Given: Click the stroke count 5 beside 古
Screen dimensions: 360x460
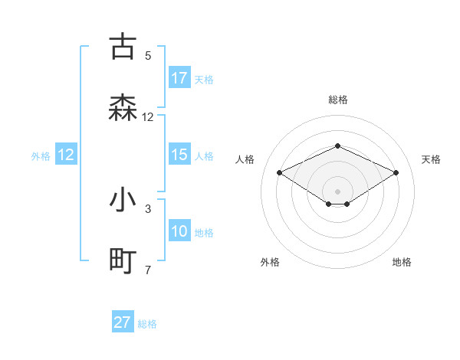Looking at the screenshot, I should coord(148,55).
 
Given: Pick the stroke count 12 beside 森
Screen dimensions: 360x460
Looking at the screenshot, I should coord(148,117).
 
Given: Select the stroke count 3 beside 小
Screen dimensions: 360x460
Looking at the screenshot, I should coord(148,208).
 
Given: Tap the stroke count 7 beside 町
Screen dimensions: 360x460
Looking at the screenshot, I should coord(148,270).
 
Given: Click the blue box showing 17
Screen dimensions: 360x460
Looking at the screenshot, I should coord(179,78).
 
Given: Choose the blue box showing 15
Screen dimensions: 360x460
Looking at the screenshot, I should coord(179,155).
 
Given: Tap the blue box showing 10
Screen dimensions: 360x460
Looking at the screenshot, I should coord(179,231).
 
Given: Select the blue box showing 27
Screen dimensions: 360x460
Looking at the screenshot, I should coord(123,322).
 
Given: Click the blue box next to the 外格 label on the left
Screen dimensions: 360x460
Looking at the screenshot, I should coord(66,155).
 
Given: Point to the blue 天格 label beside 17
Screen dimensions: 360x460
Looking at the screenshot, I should coord(204,79).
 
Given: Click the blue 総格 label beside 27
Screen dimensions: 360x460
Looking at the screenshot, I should coord(147,323).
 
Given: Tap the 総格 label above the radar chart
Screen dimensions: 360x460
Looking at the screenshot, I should coord(338,100).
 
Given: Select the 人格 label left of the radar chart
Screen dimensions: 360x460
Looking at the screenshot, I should coord(245,159).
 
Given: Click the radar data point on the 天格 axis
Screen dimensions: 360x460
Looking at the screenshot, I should coord(396,172).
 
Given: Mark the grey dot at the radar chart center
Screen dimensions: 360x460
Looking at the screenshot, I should coord(338,191).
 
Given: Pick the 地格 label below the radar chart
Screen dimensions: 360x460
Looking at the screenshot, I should coord(402,262).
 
